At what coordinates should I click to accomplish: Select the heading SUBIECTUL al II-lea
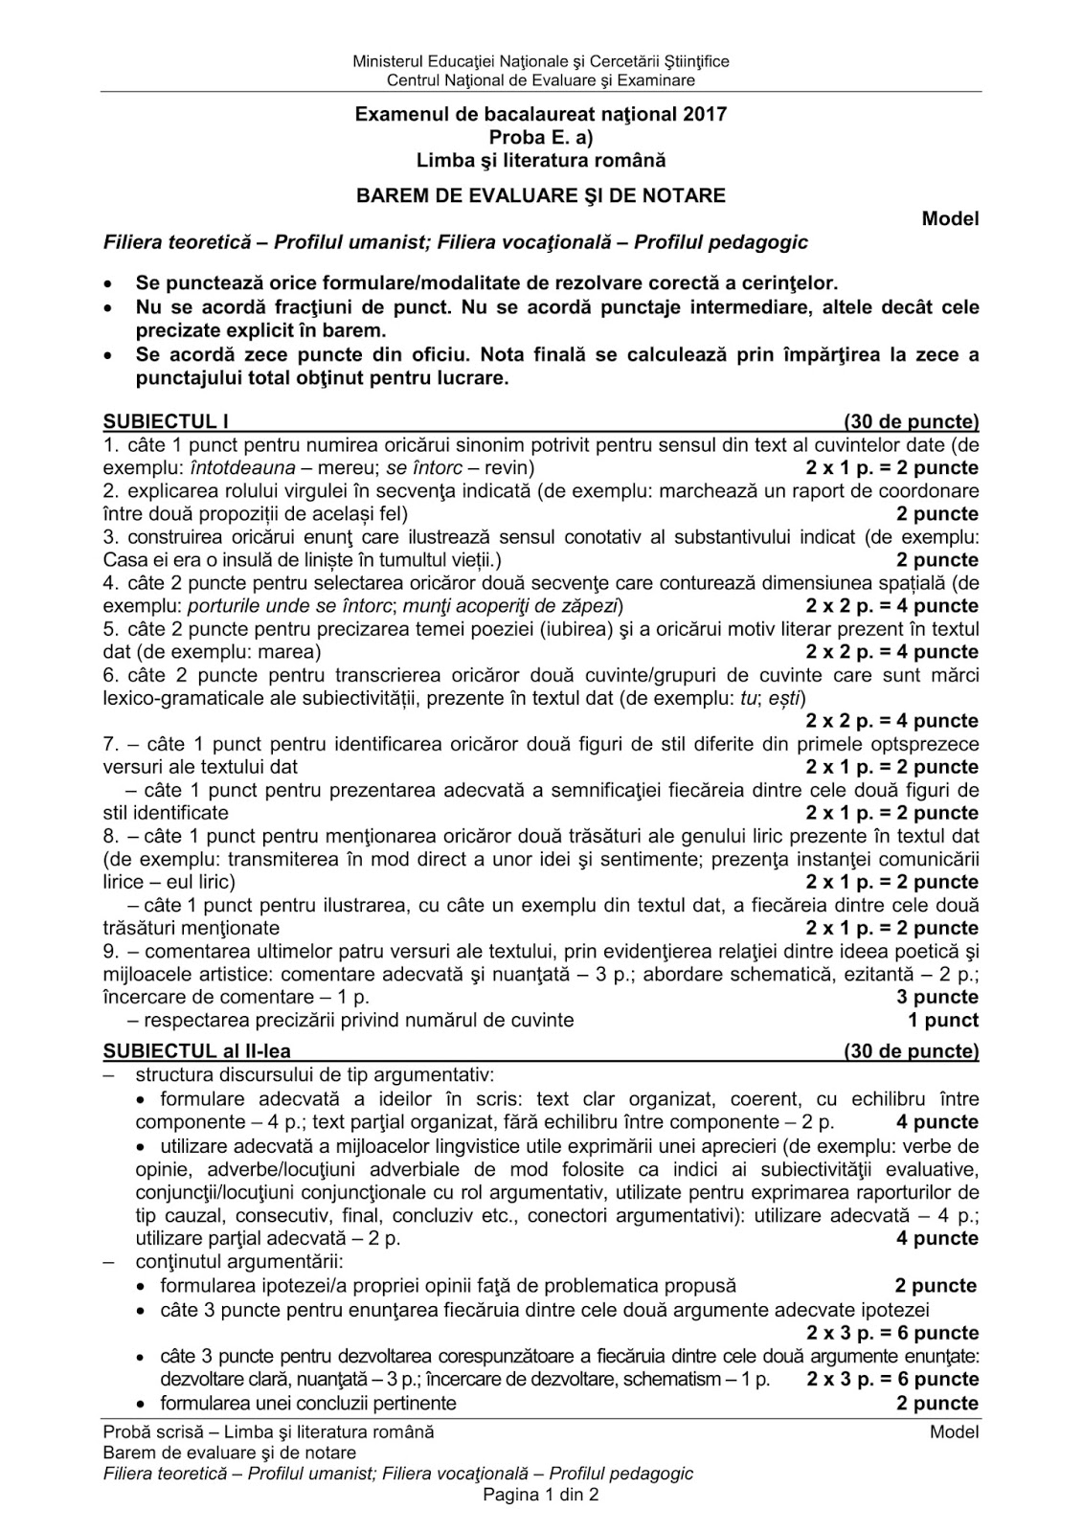pyautogui.click(x=196, y=1051)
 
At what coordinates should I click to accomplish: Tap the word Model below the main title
pyautogui.click(x=950, y=219)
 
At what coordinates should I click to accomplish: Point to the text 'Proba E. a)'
pyautogui.click(x=541, y=138)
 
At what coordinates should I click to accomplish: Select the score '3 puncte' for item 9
pyautogui.click(x=937, y=997)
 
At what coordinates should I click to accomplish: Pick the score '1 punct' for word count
pyautogui.click(x=943, y=1020)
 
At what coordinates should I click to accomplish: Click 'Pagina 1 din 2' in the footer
pyautogui.click(x=541, y=1496)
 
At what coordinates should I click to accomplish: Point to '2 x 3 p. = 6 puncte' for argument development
pyautogui.click(x=892, y=1380)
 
